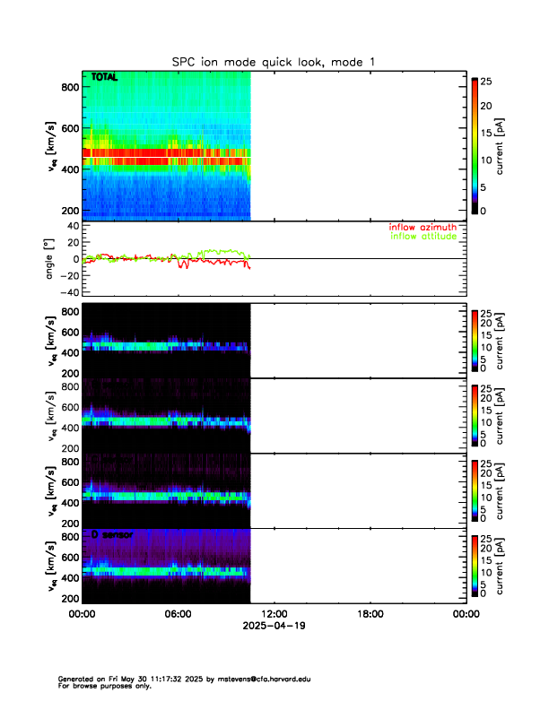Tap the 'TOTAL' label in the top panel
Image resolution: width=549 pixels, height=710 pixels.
(x=104, y=79)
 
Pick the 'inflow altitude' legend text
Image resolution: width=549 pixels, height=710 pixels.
(x=423, y=236)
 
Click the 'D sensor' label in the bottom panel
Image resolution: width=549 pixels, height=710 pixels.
(x=112, y=535)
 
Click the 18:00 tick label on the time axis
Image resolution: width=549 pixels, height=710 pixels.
(x=370, y=614)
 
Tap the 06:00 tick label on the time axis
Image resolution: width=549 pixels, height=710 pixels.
(x=178, y=614)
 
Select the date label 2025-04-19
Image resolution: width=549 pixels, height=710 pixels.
(x=274, y=626)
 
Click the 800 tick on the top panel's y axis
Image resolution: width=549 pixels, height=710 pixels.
(x=67, y=87)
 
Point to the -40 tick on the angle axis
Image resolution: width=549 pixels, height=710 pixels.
(x=67, y=292)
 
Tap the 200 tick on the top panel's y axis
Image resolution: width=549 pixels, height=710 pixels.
(x=67, y=210)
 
